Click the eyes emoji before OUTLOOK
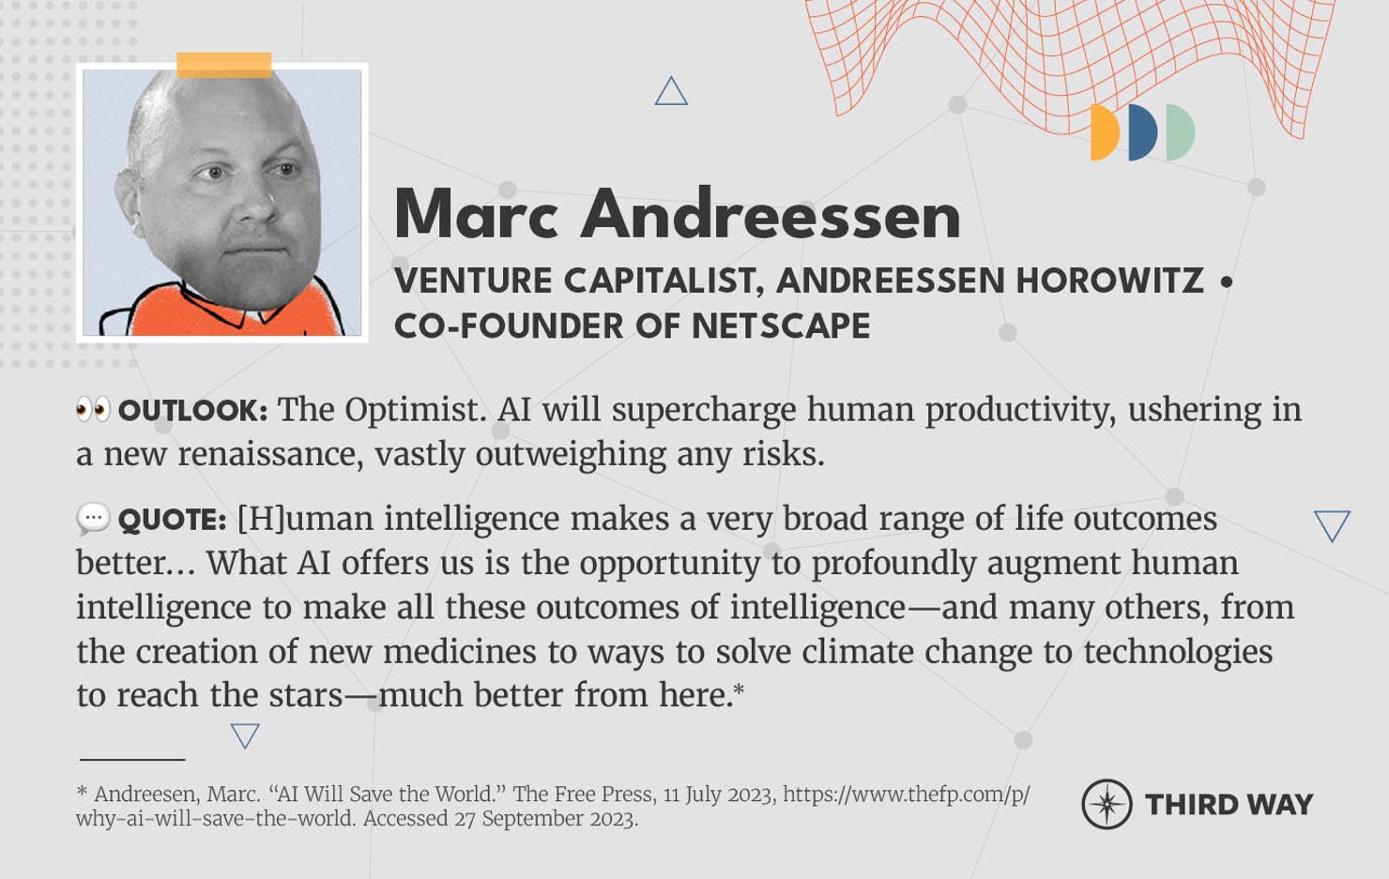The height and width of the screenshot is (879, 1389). click(x=93, y=409)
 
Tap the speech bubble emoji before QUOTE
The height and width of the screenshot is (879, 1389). click(x=93, y=518)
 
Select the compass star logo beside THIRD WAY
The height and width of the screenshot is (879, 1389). click(x=1107, y=804)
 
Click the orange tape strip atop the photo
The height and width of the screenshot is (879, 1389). click(x=223, y=64)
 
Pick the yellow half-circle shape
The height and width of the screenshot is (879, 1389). click(x=1105, y=132)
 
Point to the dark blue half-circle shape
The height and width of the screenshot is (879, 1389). click(x=1143, y=132)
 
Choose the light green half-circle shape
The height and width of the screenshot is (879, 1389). click(x=1181, y=132)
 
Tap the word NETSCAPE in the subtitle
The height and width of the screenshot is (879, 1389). click(x=781, y=326)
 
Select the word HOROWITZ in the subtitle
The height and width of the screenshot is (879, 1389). click(x=1109, y=280)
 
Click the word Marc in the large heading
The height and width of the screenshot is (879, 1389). click(x=476, y=215)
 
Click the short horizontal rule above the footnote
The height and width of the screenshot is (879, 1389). click(x=132, y=759)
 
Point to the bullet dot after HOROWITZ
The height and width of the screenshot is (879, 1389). click(x=1227, y=280)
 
